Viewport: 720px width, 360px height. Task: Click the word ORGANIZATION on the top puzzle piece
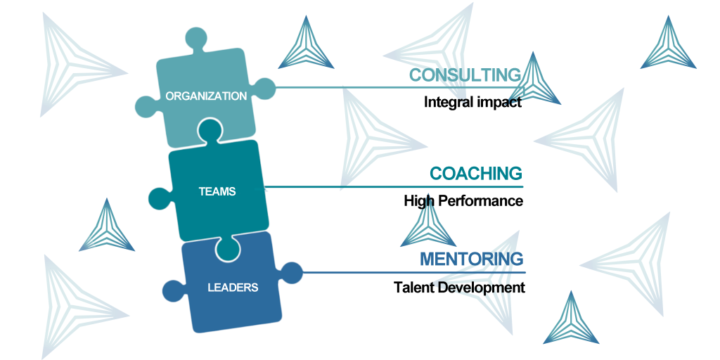(206, 96)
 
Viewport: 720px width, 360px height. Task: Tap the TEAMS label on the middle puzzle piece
(217, 191)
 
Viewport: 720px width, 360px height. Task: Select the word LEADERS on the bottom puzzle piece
(233, 288)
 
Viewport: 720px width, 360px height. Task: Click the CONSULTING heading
(465, 75)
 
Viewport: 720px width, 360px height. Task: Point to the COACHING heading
(476, 174)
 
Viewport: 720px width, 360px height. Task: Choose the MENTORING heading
(472, 259)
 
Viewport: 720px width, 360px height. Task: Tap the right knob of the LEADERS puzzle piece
(290, 273)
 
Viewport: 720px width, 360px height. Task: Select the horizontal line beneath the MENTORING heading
(414, 272)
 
